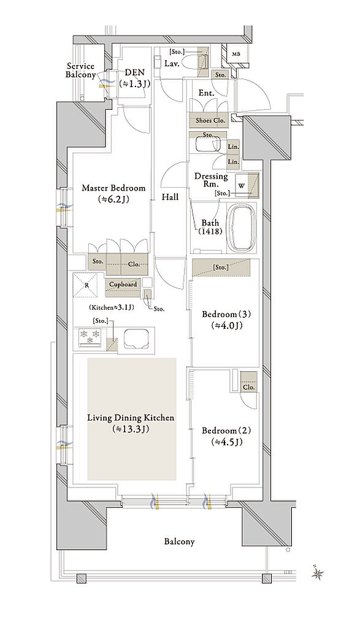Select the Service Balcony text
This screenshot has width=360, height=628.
pyautogui.click(x=80, y=71)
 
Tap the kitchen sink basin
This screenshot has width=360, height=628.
pyautogui.click(x=136, y=339)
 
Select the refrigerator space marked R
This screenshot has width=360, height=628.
pyautogui.click(x=85, y=285)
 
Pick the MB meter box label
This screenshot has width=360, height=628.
pyautogui.click(x=236, y=55)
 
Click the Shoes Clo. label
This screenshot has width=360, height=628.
pyautogui.click(x=210, y=120)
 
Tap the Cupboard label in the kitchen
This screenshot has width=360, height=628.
pyautogui.click(x=123, y=285)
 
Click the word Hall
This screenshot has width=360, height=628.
pyautogui.click(x=170, y=197)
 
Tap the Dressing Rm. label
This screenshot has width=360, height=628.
pyautogui.click(x=211, y=180)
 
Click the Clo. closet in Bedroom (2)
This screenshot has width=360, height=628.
pyautogui.click(x=248, y=383)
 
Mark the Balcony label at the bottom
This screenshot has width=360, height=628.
pyautogui.click(x=180, y=542)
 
